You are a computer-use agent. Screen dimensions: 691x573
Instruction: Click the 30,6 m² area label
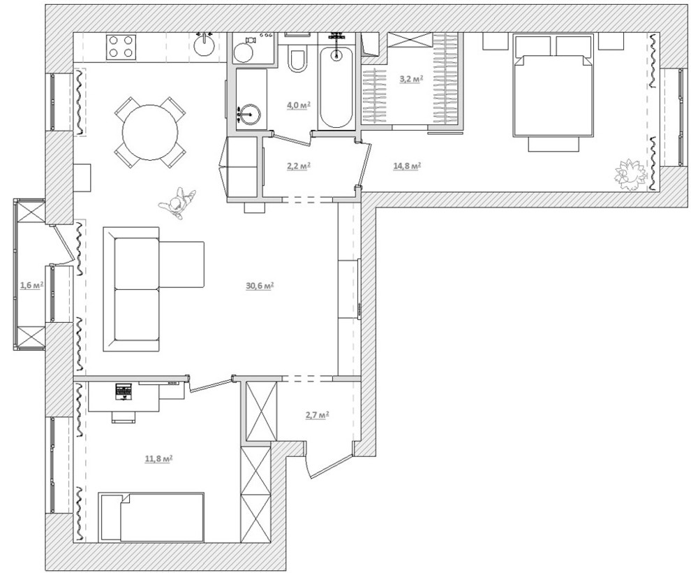pos(260,286)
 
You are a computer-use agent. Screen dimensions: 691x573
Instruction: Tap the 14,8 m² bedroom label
pos(407,166)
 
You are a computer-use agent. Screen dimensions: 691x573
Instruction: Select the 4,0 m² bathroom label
pos(299,105)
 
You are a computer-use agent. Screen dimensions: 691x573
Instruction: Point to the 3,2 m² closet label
pos(411,79)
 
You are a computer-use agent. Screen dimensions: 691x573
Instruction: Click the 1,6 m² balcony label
pos(31,285)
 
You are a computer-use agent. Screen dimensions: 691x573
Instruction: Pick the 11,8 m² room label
pos(158,459)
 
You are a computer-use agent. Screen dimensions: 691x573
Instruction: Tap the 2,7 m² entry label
pos(318,415)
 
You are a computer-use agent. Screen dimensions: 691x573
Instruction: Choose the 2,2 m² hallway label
pos(299,166)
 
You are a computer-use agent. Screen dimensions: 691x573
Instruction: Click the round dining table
pos(150,132)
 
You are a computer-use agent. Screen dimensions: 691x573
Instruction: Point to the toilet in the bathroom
pos(297,60)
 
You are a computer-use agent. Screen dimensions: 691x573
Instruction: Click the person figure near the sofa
pos(177,203)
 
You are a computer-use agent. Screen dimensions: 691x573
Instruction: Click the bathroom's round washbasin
pos(248,114)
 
